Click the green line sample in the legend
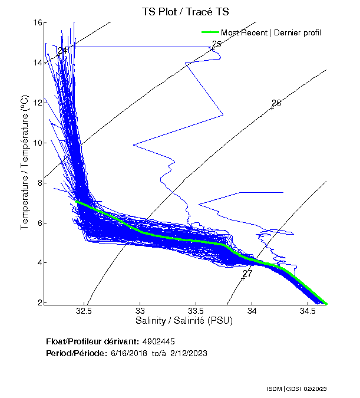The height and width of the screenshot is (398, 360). pos(210,32)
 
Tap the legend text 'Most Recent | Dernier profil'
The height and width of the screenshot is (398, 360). pos(271,32)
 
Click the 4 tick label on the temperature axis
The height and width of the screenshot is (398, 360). pos(38,263)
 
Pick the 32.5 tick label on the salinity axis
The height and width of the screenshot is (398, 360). pos(85,311)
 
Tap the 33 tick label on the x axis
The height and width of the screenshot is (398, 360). pos(140,311)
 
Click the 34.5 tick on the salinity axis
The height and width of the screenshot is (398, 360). pos(307,311)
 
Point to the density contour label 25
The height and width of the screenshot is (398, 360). pos(216,44)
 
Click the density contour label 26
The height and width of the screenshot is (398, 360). pos(276,103)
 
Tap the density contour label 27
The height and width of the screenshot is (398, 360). pos(247,274)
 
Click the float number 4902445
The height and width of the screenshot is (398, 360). pos(158,341)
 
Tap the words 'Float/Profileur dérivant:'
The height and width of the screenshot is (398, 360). pos(92,341)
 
